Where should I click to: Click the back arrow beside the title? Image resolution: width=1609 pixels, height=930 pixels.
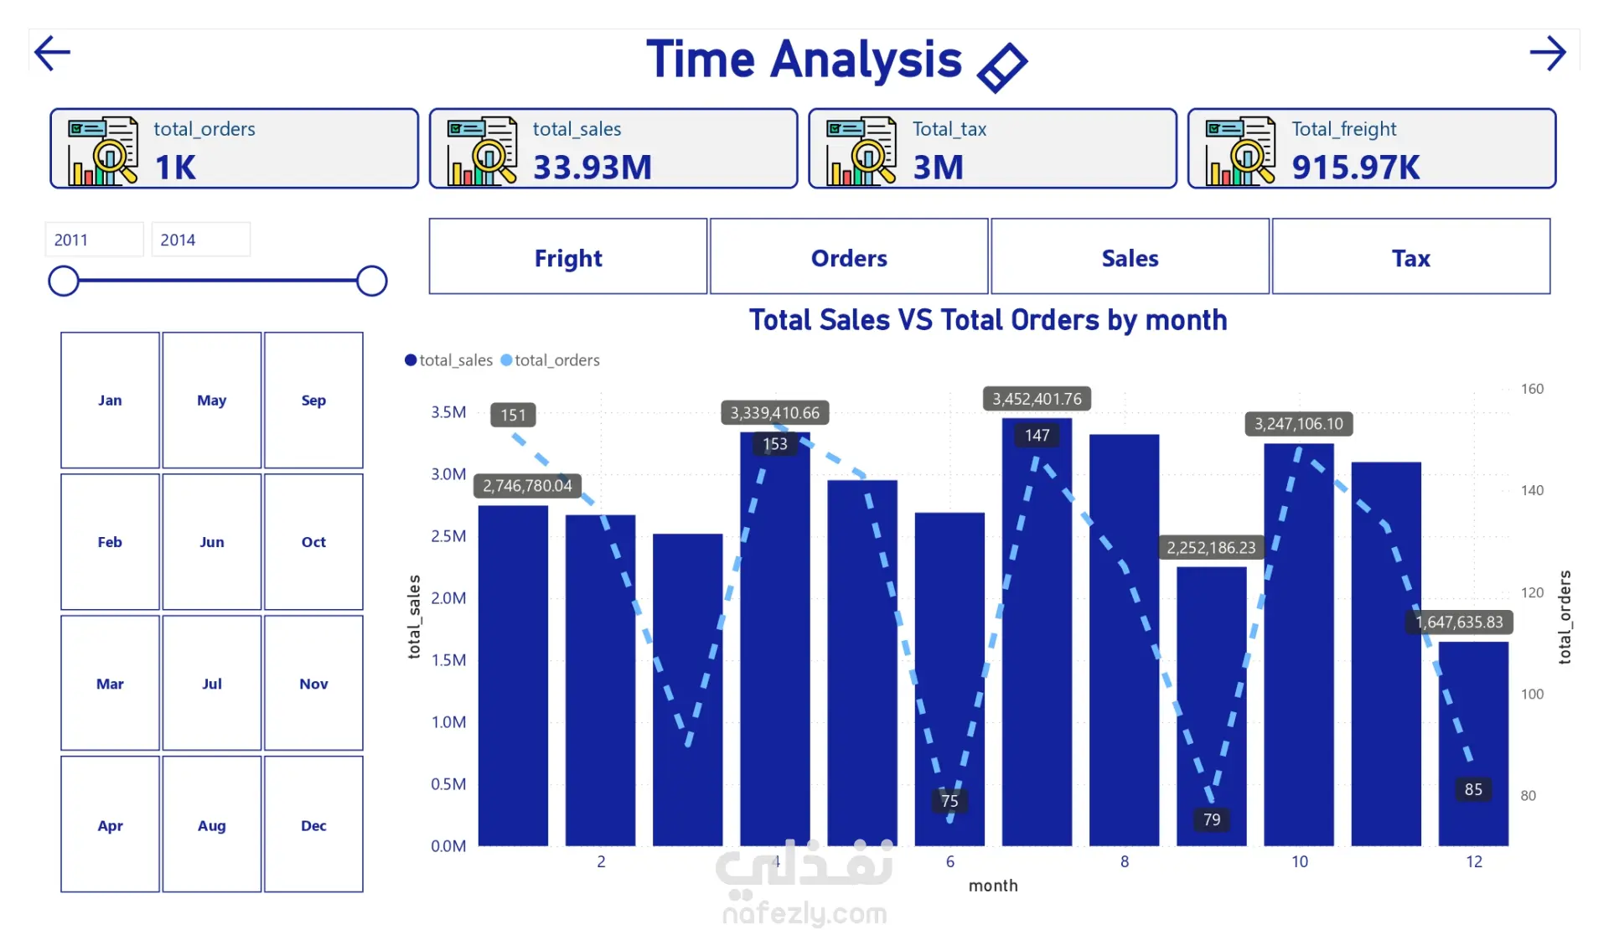[x=52, y=54]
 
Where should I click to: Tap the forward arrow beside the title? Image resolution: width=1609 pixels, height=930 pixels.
[x=1547, y=54]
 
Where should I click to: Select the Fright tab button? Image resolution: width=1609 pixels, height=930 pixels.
[x=568, y=257]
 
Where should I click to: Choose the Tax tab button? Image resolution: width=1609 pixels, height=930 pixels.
[x=1410, y=257]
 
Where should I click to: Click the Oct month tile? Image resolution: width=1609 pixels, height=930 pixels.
[x=313, y=542]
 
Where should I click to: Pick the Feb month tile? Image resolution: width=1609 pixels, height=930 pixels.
[x=110, y=542]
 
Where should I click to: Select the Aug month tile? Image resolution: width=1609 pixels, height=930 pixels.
[x=212, y=825]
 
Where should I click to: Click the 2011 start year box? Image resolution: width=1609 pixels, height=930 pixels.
[x=94, y=240]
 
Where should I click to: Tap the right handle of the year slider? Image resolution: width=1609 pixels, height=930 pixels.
[x=371, y=281]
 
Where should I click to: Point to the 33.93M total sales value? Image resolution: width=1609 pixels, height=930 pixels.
[x=592, y=168]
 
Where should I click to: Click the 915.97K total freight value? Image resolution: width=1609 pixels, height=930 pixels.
[x=1355, y=168]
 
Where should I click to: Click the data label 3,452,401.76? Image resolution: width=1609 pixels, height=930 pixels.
[x=1037, y=399]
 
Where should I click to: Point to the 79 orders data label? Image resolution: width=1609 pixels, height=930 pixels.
[x=1212, y=819]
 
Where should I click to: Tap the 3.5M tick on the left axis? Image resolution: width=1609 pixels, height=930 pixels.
[x=448, y=412]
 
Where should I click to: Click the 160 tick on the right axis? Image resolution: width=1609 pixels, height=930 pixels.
[x=1532, y=389]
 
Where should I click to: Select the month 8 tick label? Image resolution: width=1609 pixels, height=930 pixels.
[x=1125, y=861]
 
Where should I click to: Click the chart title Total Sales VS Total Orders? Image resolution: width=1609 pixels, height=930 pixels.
[x=987, y=320]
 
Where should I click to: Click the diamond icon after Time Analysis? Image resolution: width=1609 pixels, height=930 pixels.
[x=1002, y=67]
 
